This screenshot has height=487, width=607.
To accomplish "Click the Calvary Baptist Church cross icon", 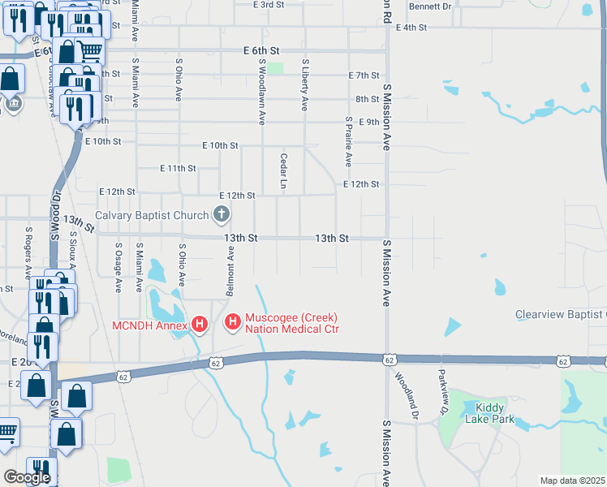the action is [x=221, y=215].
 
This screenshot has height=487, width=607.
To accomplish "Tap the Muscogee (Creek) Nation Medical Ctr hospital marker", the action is [x=233, y=323].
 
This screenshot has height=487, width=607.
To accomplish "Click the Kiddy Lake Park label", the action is [x=489, y=414].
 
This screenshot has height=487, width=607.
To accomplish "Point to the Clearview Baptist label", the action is [x=560, y=314].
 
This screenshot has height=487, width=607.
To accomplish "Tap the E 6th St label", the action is [x=263, y=50].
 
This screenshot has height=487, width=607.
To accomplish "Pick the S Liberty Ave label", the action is [x=305, y=84].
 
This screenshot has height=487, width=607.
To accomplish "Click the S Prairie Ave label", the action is [x=348, y=141].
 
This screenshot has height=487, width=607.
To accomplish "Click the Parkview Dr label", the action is [x=443, y=390].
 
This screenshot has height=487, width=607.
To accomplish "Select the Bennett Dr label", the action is [x=430, y=6].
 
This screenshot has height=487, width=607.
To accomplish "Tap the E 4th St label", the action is [x=411, y=28].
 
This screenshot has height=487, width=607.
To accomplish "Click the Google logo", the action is [x=27, y=477].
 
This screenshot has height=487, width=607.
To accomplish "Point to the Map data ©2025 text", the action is [x=572, y=481].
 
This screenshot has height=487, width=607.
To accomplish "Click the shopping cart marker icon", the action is [x=90, y=50].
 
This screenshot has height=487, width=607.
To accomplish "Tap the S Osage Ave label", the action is [x=118, y=268].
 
